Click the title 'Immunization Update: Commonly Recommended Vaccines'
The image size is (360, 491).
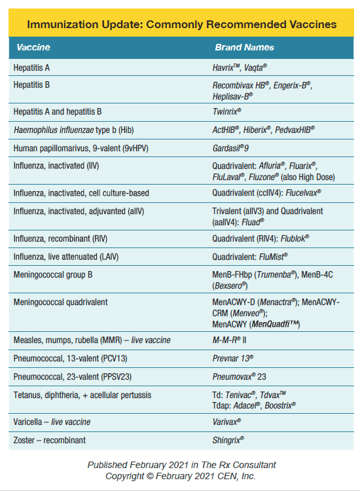[x=181, y=24]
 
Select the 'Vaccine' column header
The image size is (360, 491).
[x=33, y=47]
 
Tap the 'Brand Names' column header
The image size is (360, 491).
[x=244, y=47]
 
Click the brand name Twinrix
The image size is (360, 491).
[x=226, y=112]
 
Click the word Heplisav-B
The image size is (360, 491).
[x=232, y=95]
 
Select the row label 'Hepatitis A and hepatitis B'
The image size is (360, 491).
[x=57, y=112]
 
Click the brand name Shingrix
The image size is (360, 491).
[x=228, y=440]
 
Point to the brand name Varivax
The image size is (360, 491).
[x=226, y=422]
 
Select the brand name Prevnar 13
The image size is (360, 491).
[x=233, y=359]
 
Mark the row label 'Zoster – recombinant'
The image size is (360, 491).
[x=50, y=440]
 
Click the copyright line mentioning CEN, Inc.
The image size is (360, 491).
[x=181, y=476]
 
